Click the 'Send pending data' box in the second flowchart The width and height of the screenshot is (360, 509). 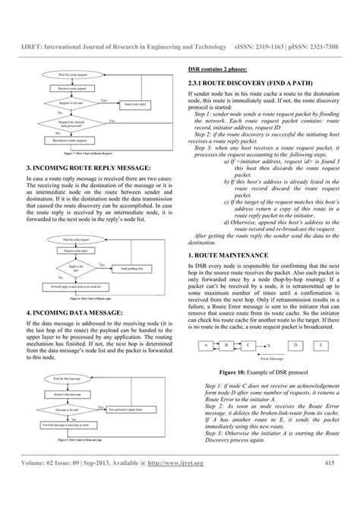click(x=134, y=267)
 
